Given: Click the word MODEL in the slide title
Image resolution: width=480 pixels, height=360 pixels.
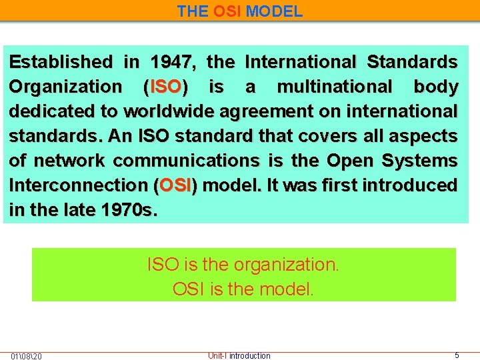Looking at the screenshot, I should click(x=274, y=11).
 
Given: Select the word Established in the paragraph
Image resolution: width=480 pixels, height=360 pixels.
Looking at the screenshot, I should click(x=61, y=63).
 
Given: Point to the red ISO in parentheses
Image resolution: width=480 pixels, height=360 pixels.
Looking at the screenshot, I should click(x=166, y=87).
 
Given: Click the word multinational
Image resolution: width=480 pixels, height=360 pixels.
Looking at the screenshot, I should click(x=335, y=87).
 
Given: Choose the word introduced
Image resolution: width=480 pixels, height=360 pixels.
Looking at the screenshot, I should click(x=409, y=185).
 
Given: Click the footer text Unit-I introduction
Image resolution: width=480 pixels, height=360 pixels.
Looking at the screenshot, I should click(x=239, y=356).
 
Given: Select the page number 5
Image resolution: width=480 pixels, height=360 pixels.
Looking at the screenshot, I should click(x=457, y=356).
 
